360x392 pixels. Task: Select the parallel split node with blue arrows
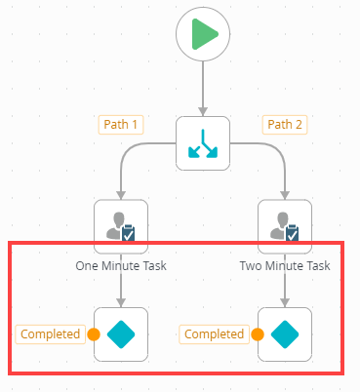(202, 142)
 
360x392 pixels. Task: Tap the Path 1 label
(121, 125)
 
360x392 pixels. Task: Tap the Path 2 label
(284, 125)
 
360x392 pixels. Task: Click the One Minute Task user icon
(121, 226)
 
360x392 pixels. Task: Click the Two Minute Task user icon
(284, 226)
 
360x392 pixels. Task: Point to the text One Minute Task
(121, 265)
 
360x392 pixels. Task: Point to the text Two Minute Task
(285, 265)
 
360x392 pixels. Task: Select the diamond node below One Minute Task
(121, 334)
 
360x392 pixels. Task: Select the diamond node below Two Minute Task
(284, 334)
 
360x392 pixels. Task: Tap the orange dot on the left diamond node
(94, 334)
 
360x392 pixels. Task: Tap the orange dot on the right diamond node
(258, 334)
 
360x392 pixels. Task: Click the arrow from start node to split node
(202, 88)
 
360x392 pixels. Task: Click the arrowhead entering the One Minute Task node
(121, 194)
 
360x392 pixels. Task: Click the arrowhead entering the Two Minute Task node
(284, 194)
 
